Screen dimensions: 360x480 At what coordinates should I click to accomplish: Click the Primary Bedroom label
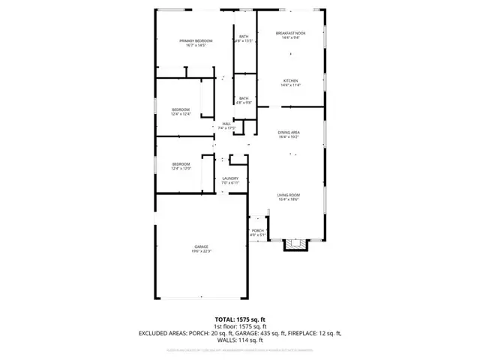pyautogui.click(x=195, y=40)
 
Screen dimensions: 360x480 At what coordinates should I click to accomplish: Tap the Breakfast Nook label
pyautogui.click(x=290, y=33)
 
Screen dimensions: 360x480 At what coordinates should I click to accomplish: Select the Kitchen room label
pyautogui.click(x=290, y=81)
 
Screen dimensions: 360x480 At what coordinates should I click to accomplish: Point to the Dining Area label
pyautogui.click(x=289, y=132)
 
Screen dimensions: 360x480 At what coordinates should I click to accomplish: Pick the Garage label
pyautogui.click(x=201, y=247)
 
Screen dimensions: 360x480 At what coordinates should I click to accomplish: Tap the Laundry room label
pyautogui.click(x=229, y=178)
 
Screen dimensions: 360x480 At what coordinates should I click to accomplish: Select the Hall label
pyautogui.click(x=226, y=124)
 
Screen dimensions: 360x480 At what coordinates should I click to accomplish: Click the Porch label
pyautogui.click(x=257, y=230)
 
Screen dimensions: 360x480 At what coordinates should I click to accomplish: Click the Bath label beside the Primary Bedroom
pyautogui.click(x=244, y=36)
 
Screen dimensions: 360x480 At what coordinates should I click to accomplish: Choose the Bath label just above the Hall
pyautogui.click(x=244, y=98)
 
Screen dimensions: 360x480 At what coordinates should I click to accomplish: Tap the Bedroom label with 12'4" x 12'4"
pyautogui.click(x=181, y=109)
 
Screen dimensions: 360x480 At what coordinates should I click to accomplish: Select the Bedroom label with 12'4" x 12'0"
pyautogui.click(x=181, y=164)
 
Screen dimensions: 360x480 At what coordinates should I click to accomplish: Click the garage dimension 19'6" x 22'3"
pyautogui.click(x=201, y=251)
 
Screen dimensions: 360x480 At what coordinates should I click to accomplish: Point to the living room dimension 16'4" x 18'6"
pyautogui.click(x=288, y=199)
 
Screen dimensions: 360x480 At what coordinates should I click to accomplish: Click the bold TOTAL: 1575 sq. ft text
pyautogui.click(x=239, y=319)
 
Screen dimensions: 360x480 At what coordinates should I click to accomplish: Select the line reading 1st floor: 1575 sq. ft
pyautogui.click(x=240, y=326)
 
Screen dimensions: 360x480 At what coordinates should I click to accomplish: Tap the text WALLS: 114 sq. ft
pyautogui.click(x=240, y=340)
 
